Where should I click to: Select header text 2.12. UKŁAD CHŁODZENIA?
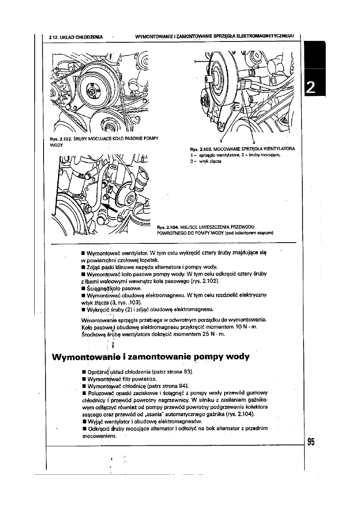[x=75, y=37]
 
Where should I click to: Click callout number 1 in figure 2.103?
[x=195, y=62]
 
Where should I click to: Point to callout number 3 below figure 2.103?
[x=253, y=142]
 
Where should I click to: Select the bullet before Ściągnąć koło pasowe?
[x=82, y=289]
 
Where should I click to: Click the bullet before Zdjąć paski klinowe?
[x=82, y=267]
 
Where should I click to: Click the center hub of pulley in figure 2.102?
[x=93, y=92]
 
